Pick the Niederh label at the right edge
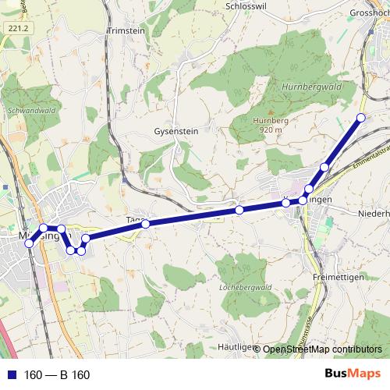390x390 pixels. tap(373, 211)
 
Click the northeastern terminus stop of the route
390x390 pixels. tap(360, 118)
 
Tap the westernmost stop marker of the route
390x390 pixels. tap(30, 243)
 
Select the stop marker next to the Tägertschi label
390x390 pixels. tap(146, 224)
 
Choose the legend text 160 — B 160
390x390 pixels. tap(58, 375)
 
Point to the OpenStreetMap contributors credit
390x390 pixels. tap(321, 349)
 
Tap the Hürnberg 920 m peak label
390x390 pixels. tap(267, 125)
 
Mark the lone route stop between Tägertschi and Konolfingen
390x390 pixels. tap(239, 210)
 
